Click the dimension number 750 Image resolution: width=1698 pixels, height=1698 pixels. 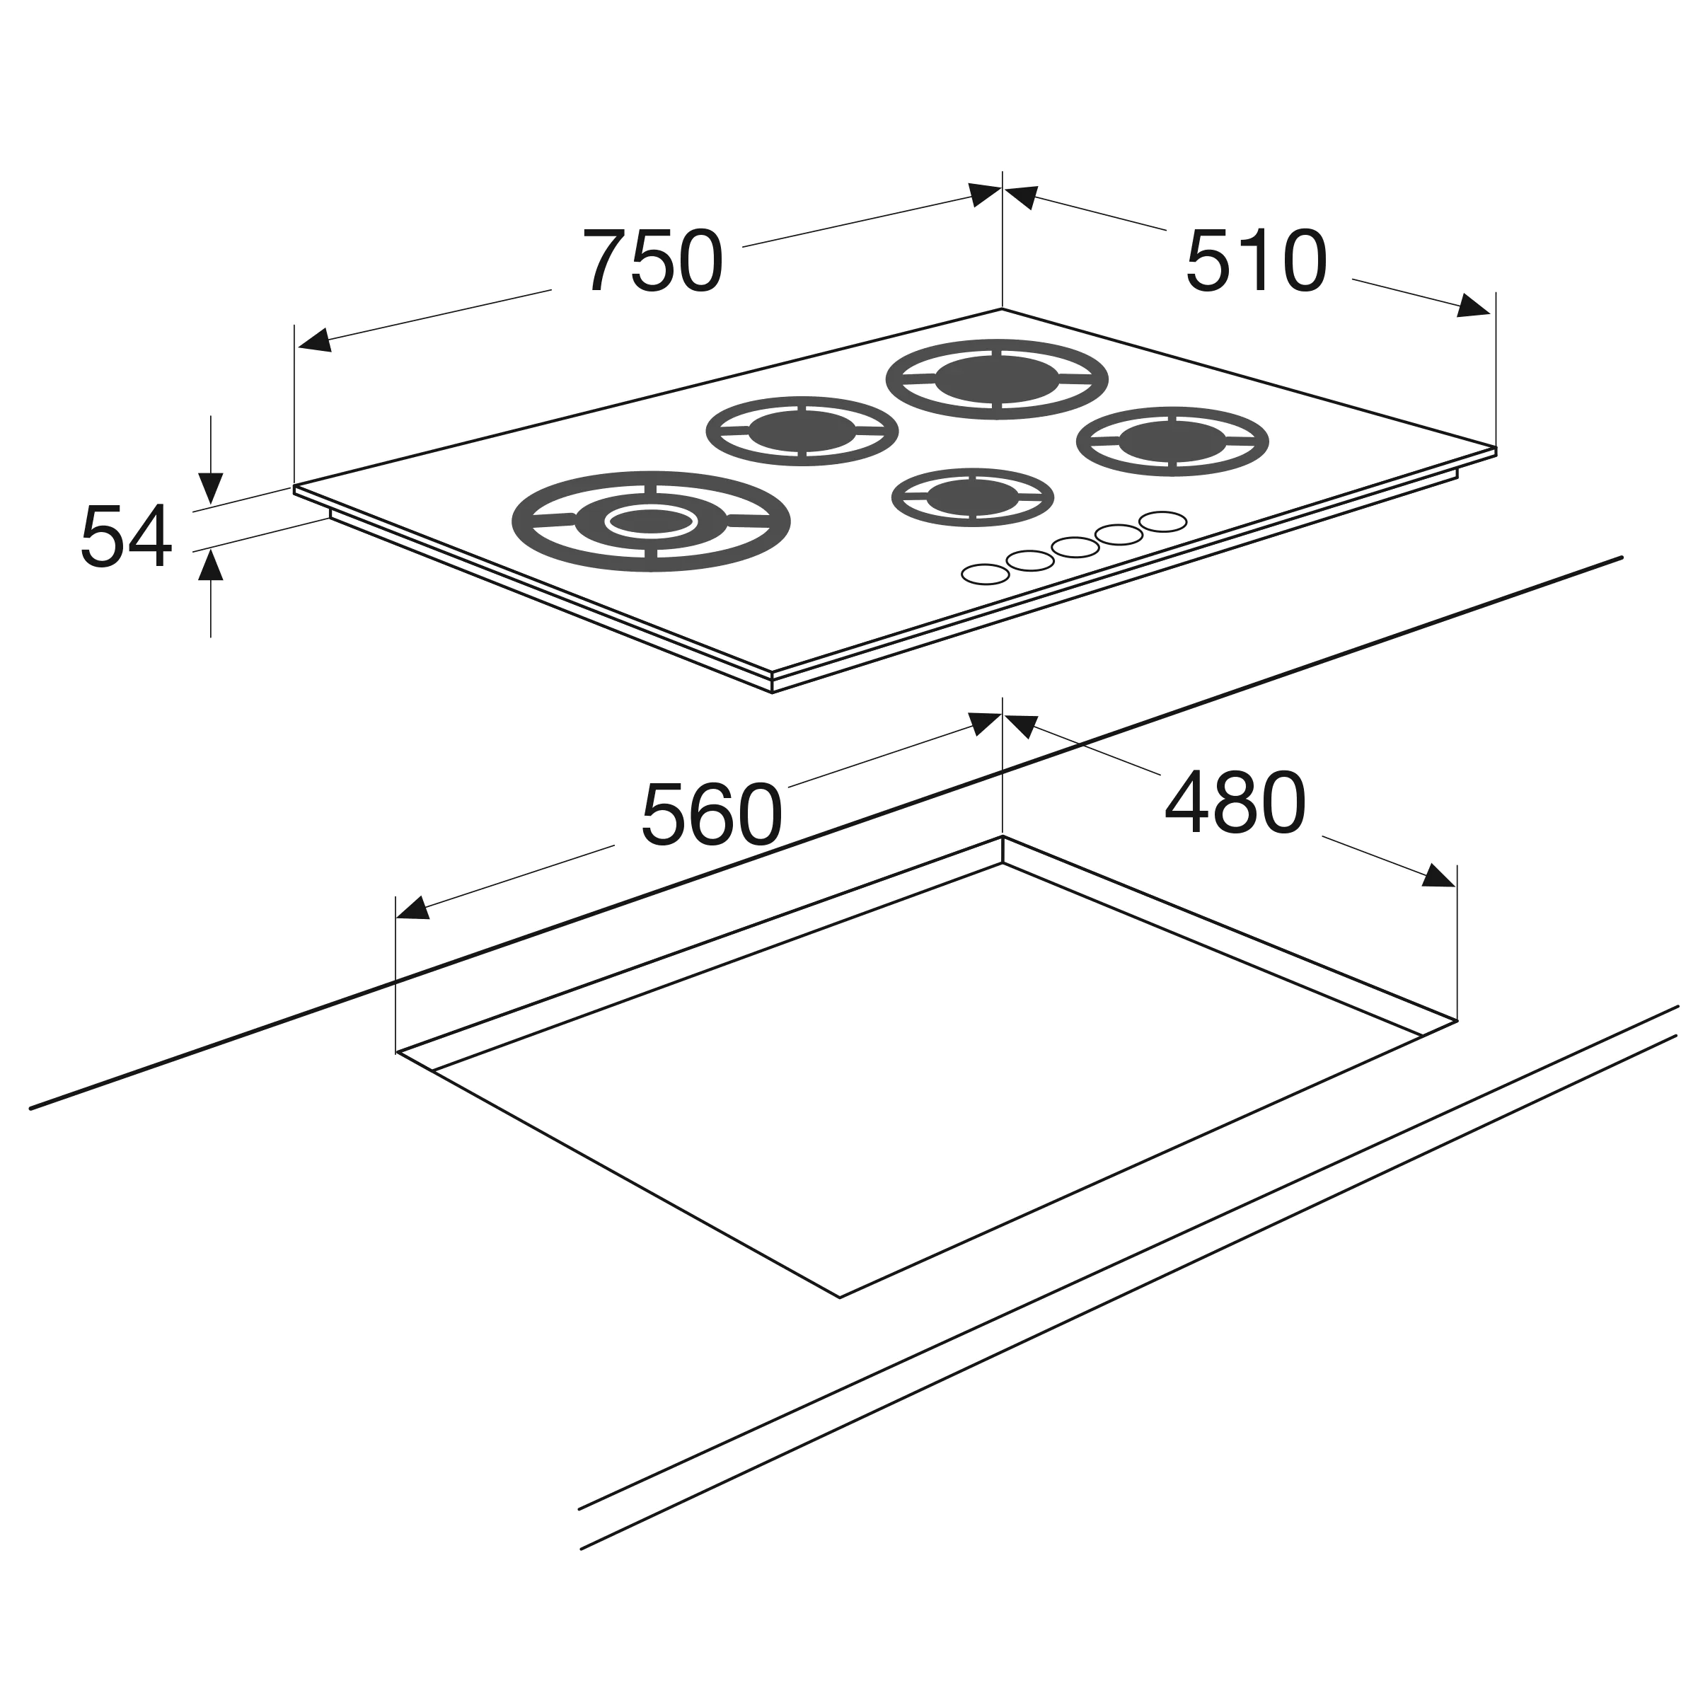point(653,261)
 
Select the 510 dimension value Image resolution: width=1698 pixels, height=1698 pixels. point(1256,261)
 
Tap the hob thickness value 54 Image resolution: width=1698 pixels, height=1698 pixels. point(126,536)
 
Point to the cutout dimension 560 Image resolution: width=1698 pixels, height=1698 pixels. point(712,815)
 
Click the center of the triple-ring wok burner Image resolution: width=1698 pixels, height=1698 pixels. point(651,521)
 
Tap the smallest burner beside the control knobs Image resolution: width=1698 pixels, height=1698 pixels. point(973,497)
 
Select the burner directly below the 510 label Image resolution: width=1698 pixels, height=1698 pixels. point(1173,441)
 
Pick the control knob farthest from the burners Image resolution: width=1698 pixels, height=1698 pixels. point(986,574)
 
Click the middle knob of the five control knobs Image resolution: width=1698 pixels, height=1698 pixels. point(1075,548)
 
